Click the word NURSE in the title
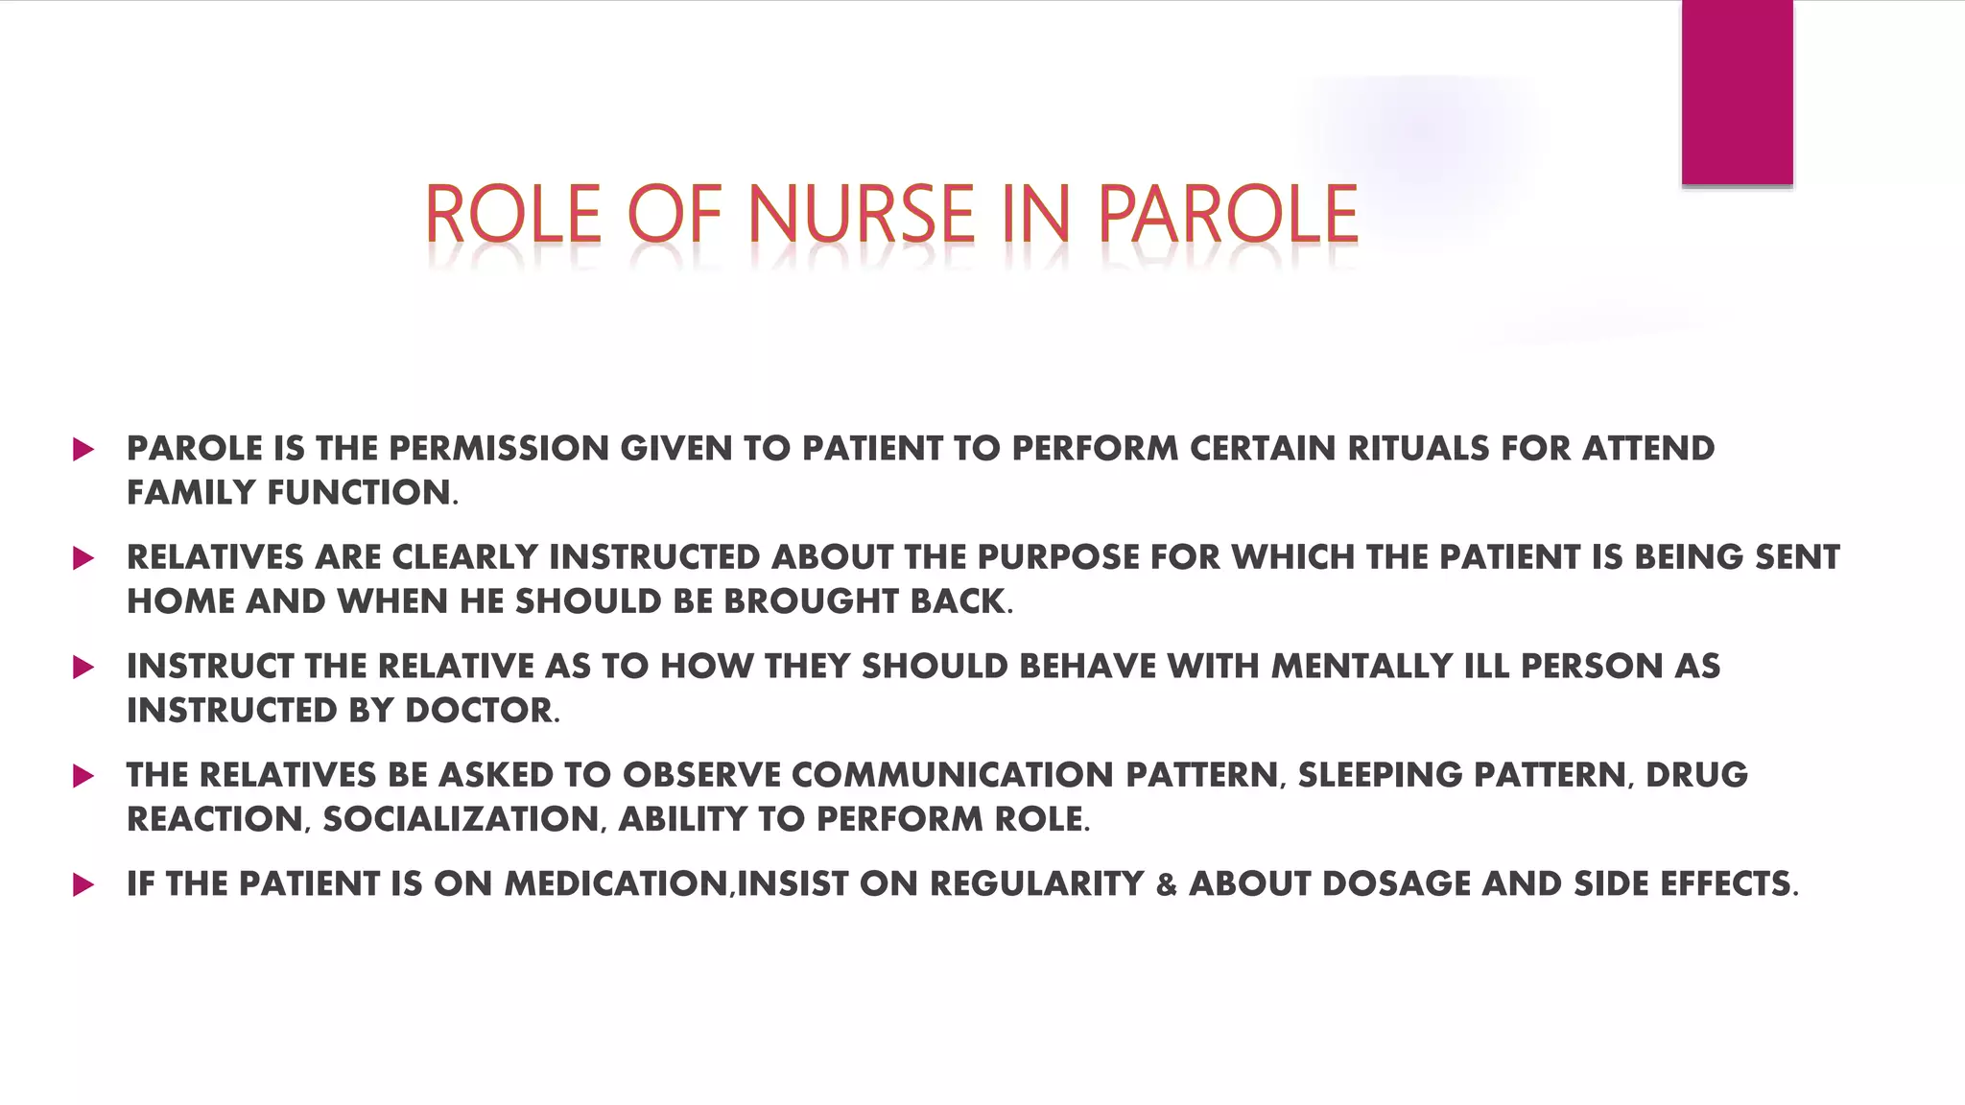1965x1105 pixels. [861, 215]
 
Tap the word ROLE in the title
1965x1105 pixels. [512, 215]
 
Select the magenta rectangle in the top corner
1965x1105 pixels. [1737, 92]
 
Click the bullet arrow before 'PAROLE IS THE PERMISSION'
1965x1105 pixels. [83, 449]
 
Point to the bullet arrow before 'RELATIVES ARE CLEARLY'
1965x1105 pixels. [83, 558]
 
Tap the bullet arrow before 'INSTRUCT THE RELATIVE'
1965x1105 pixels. [83, 667]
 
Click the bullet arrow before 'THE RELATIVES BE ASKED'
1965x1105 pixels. [83, 776]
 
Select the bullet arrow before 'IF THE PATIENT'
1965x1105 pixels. [83, 884]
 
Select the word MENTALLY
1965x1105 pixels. [1361, 667]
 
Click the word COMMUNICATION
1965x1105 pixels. [953, 775]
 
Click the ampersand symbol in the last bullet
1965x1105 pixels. [1166, 885]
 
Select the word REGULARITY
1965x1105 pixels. [1037, 884]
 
